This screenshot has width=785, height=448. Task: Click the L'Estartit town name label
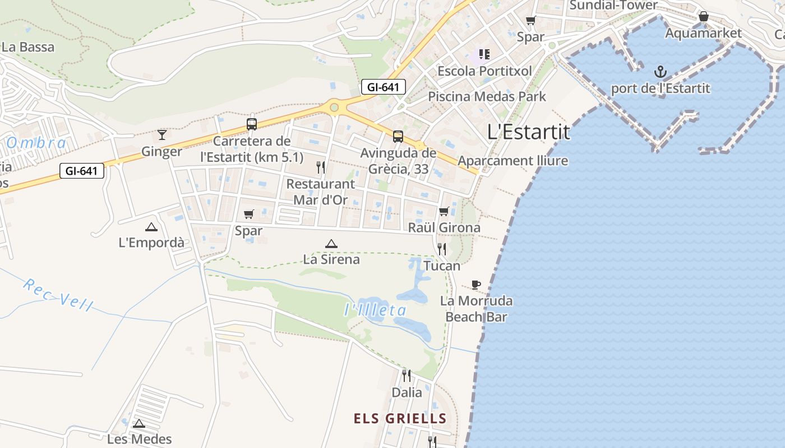pyautogui.click(x=528, y=132)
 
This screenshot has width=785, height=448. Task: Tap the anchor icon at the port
pyautogui.click(x=661, y=72)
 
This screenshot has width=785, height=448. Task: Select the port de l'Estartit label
pyautogui.click(x=661, y=88)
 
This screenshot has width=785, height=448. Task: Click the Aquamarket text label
pyautogui.click(x=703, y=33)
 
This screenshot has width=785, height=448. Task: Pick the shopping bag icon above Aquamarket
pyautogui.click(x=704, y=17)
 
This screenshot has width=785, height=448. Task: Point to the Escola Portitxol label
pyautogui.click(x=484, y=71)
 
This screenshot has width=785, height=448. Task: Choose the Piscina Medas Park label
pyautogui.click(x=487, y=96)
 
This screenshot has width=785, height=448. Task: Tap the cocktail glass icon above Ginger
pyautogui.click(x=162, y=134)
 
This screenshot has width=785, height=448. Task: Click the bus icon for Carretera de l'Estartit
pyautogui.click(x=252, y=124)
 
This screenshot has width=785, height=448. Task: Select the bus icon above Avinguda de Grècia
pyautogui.click(x=398, y=136)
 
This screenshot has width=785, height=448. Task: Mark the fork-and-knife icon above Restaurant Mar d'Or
pyautogui.click(x=321, y=167)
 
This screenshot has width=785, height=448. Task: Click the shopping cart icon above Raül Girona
pyautogui.click(x=444, y=211)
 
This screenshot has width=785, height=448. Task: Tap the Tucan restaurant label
pyautogui.click(x=442, y=266)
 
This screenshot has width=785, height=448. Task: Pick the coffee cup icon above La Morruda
pyautogui.click(x=476, y=284)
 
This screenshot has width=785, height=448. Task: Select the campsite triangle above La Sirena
pyautogui.click(x=331, y=244)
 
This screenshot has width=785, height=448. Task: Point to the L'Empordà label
pyautogui.click(x=151, y=243)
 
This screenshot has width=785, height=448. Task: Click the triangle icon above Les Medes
pyautogui.click(x=139, y=423)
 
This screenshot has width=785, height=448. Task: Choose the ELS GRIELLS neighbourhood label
pyautogui.click(x=400, y=418)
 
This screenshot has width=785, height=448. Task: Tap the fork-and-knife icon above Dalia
pyautogui.click(x=407, y=375)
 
